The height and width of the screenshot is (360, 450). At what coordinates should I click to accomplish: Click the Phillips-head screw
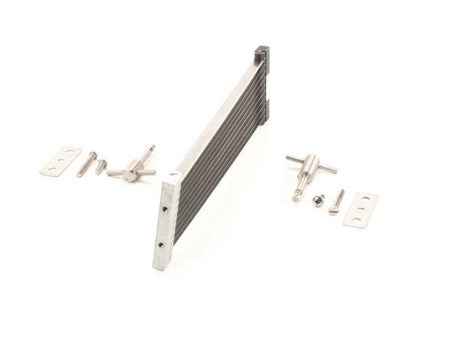tap(319, 199)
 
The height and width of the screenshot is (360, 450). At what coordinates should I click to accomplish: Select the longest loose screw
tap(85, 164)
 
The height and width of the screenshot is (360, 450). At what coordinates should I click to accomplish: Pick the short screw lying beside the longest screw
tap(101, 166)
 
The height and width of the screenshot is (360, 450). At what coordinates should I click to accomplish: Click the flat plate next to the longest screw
tap(60, 161)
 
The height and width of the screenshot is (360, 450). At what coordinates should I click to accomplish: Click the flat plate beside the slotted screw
tap(360, 209)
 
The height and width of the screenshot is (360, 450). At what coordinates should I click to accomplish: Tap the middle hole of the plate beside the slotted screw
tap(360, 210)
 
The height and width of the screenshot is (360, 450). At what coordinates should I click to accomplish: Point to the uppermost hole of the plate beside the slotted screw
tap(365, 199)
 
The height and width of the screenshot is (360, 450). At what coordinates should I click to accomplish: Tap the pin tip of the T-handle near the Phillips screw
tap(296, 198)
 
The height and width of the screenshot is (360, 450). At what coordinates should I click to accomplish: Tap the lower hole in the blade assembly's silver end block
tap(160, 244)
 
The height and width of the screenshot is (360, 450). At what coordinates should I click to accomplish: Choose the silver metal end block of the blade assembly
tap(165, 222)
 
